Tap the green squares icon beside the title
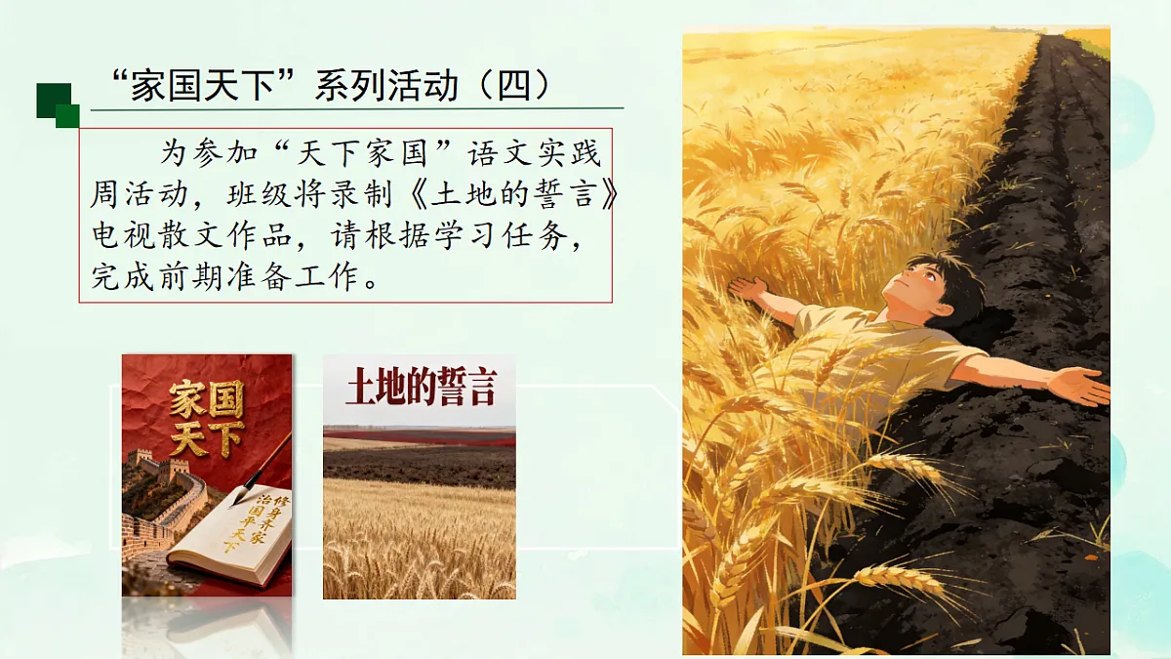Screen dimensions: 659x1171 pos(58,105)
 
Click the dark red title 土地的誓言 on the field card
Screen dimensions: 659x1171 pos(421,388)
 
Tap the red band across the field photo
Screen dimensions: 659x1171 pos(420,437)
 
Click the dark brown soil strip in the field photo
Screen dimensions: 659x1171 pos(420,467)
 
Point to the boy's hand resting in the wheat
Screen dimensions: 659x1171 pos(748,289)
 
